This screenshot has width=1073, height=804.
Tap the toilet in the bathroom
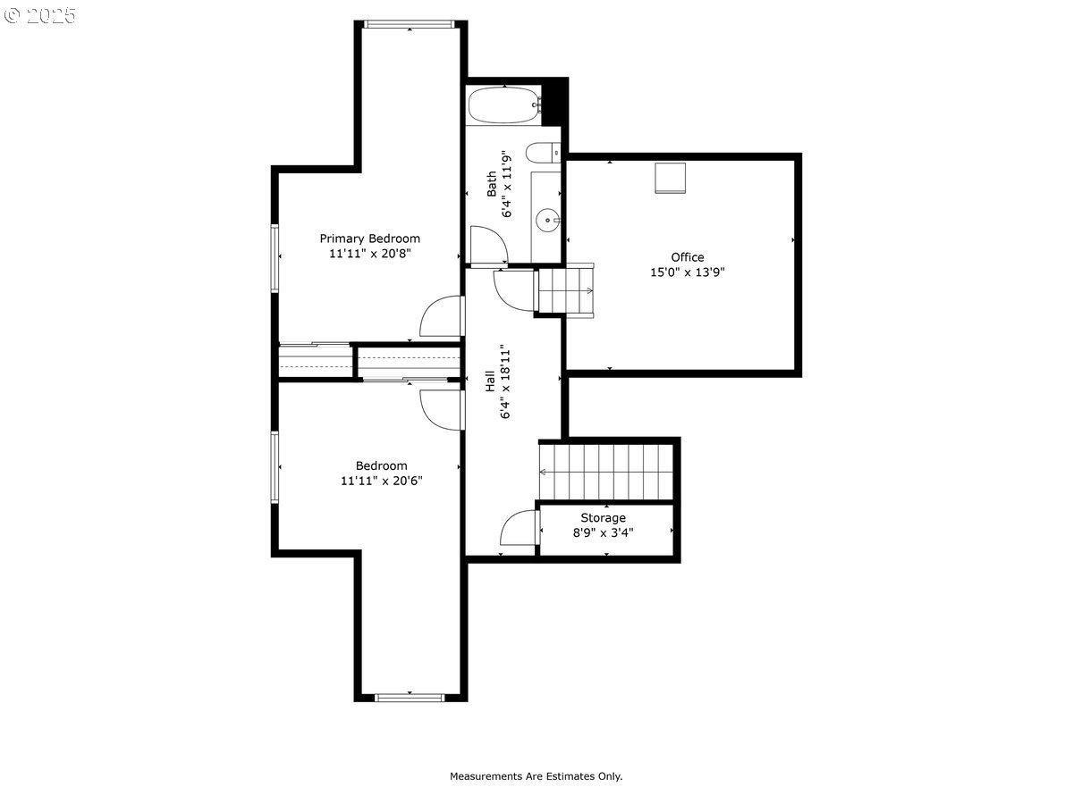pos(543,152)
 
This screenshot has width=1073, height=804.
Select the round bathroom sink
pos(547,221)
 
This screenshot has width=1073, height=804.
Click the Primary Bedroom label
pos(369,239)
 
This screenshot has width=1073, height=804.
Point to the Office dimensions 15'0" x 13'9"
pos(687,272)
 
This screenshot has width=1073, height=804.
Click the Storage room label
pos(603,517)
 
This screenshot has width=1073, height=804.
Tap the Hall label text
pos(490,381)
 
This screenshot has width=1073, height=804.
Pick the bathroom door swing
pos(489,245)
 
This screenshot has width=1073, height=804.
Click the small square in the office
pos(670,178)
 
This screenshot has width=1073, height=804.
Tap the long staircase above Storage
pos(606,472)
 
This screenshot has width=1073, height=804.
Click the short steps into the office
pos(566,290)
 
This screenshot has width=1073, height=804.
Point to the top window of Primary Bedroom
pos(410,24)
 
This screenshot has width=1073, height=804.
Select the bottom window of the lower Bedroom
pos(410,698)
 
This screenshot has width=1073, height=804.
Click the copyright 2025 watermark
pos(39,15)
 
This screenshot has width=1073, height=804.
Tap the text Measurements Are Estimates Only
pos(536,776)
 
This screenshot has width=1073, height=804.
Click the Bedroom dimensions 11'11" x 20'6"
pos(381,481)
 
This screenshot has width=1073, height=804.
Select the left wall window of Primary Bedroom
pos(275,258)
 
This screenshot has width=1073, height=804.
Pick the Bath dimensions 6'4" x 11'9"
pos(506,183)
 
